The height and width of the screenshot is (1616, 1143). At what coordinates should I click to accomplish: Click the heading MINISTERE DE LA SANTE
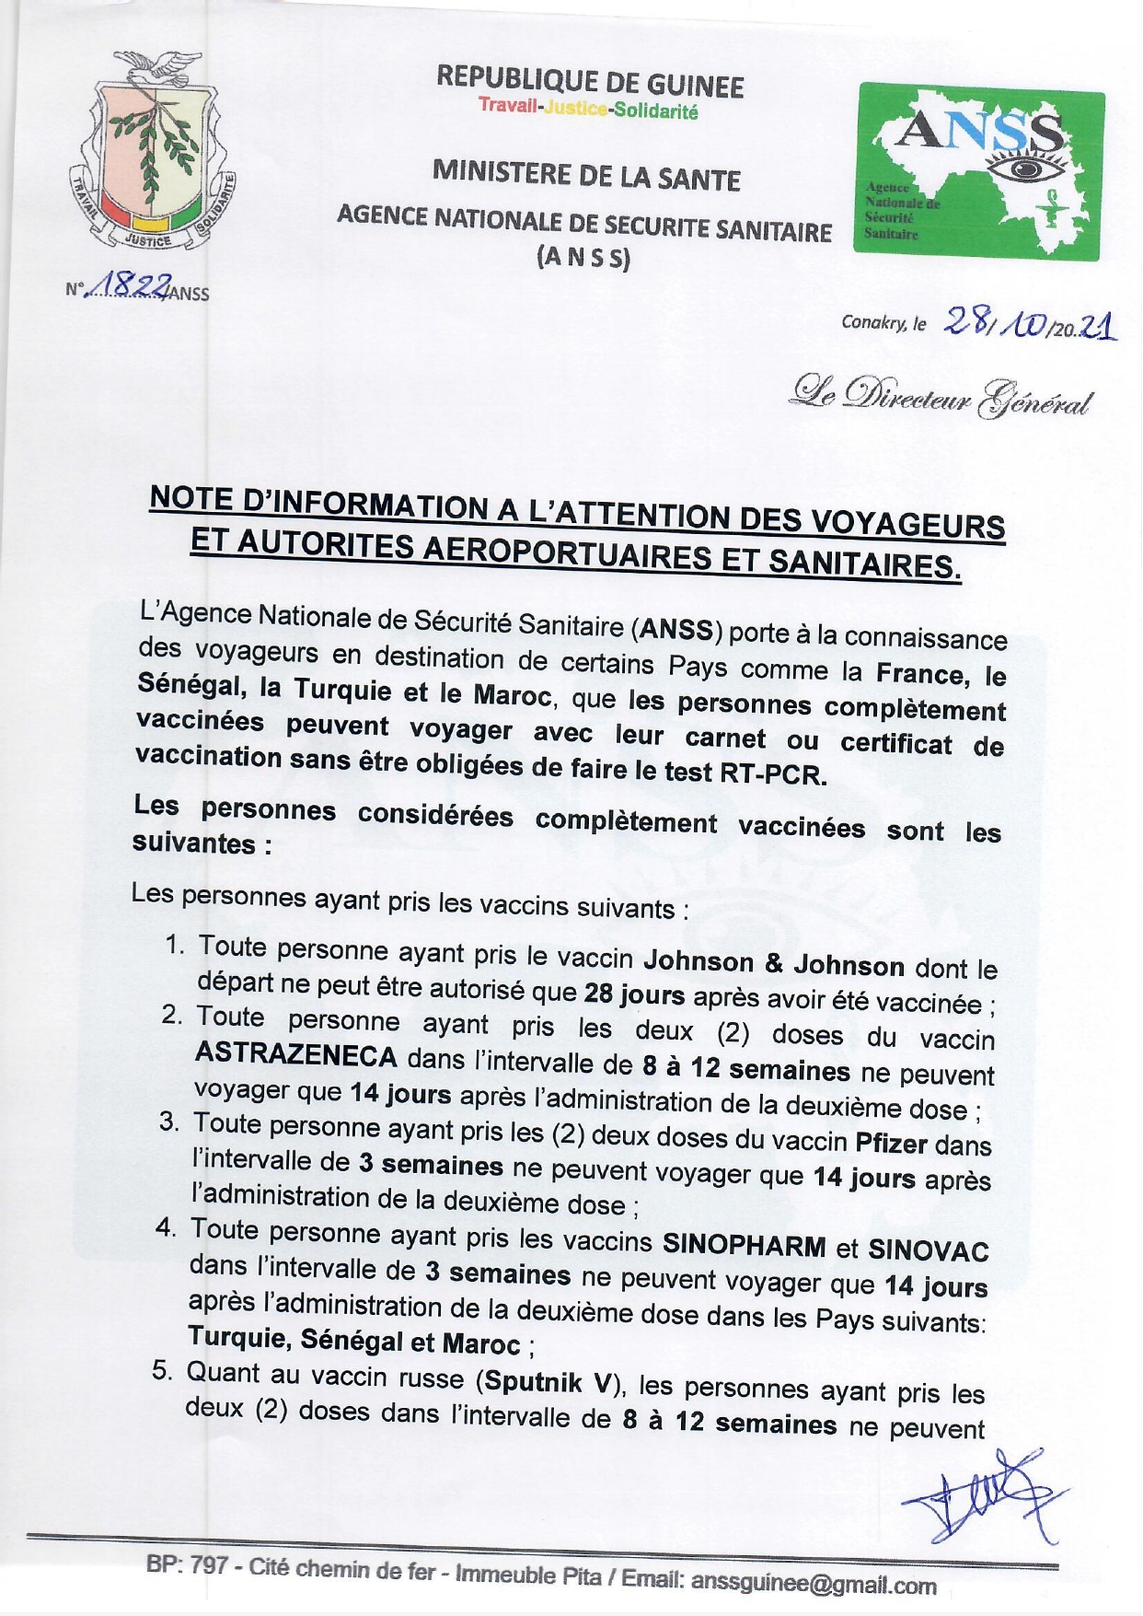coord(586,175)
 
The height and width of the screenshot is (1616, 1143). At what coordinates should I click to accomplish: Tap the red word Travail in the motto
coord(508,105)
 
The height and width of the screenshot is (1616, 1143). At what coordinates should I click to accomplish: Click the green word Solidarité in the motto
coord(655,111)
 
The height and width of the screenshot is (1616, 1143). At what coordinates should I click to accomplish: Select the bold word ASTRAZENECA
coord(296,1055)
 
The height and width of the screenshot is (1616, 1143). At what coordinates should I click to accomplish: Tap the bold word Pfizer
coord(891,1143)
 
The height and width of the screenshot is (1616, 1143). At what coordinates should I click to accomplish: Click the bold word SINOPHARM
coord(745,1245)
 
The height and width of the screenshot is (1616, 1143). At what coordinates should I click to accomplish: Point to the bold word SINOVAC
coord(928,1250)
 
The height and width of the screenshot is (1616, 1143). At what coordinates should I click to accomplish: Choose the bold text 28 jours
coord(634,994)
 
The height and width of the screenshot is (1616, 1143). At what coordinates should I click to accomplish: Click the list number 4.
coord(165,1227)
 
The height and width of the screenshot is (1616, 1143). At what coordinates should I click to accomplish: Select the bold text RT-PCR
coord(768,773)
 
